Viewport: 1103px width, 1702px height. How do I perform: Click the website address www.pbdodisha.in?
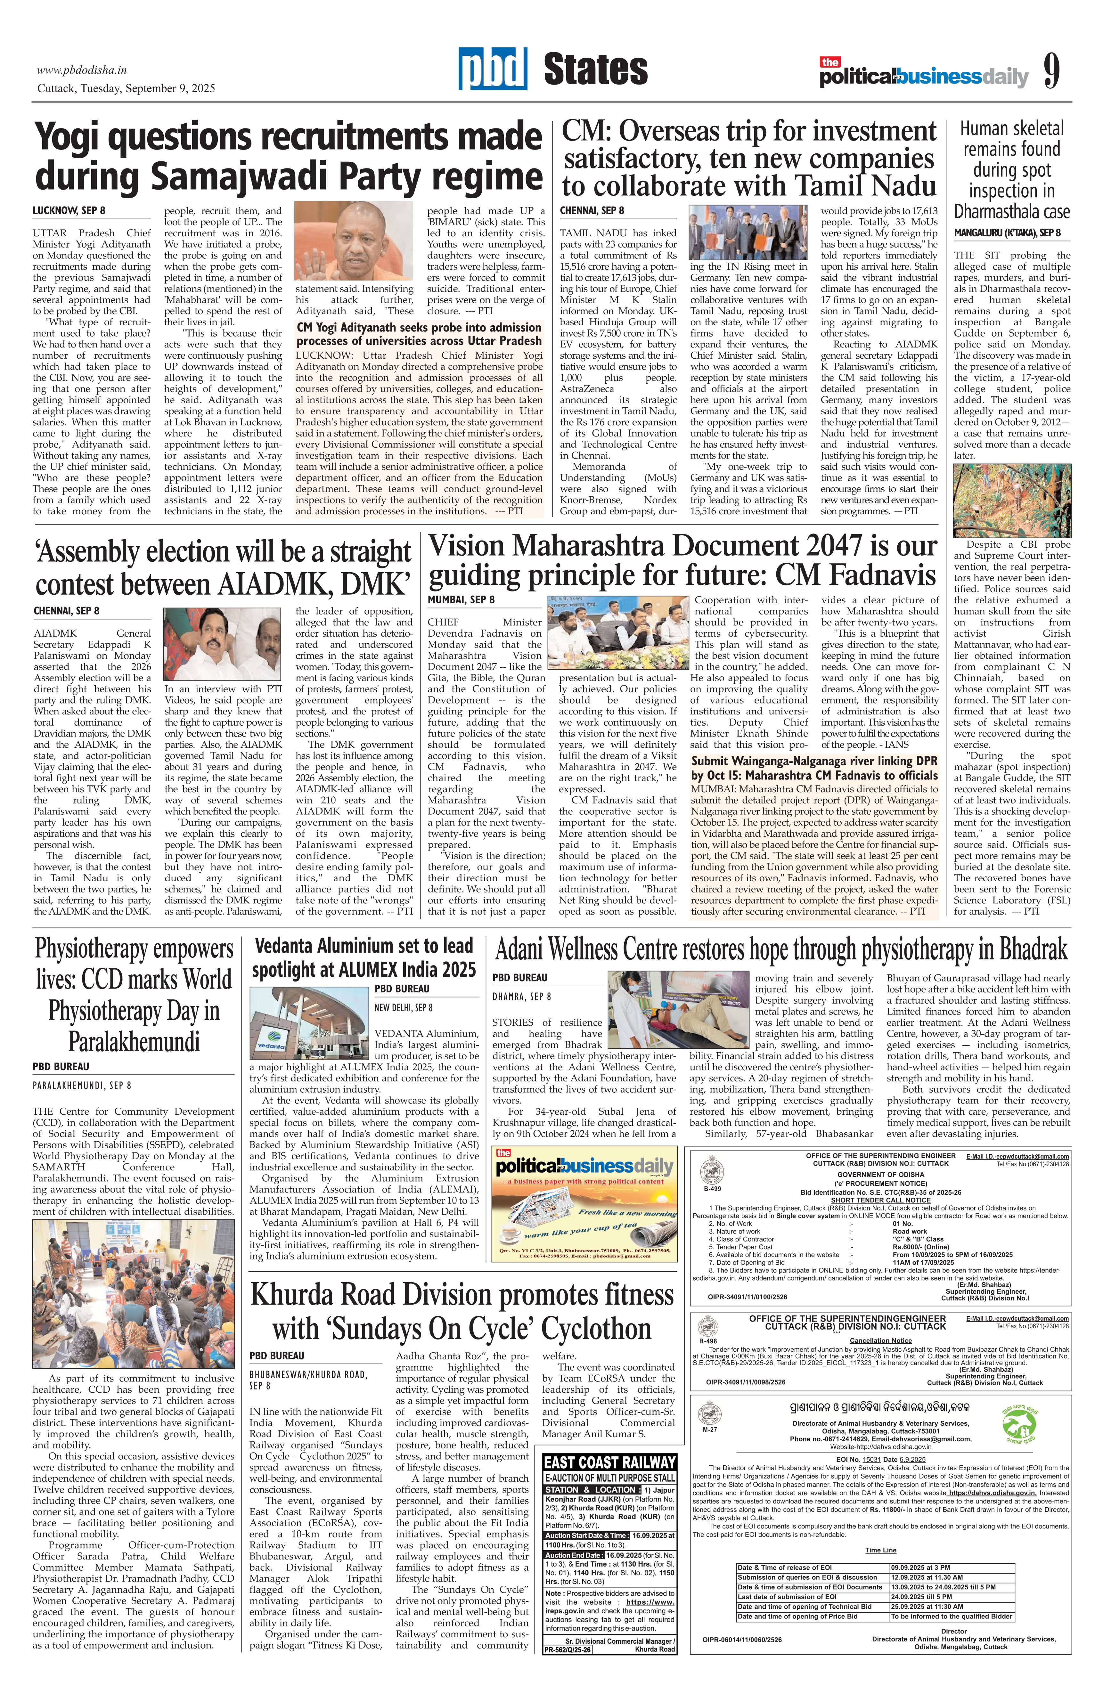tap(82, 70)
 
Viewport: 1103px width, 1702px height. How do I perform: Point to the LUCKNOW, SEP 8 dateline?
tap(69, 211)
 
